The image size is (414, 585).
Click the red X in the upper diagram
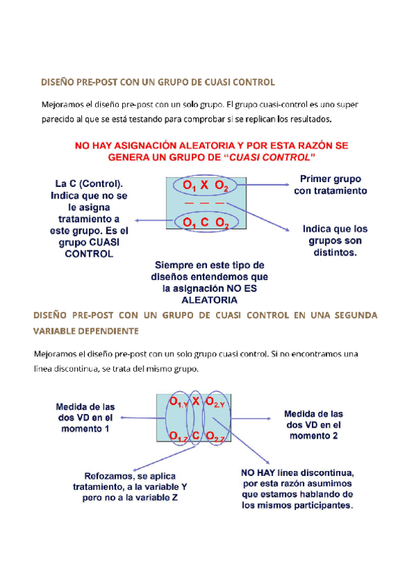[204, 187]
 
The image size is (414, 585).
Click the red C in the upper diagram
[204, 223]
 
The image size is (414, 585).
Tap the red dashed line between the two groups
[205, 205]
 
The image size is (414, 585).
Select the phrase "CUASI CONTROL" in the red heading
[269, 157]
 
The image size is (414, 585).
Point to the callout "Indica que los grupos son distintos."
[335, 240]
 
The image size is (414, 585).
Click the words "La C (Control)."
[90, 184]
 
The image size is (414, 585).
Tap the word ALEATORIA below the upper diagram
[209, 299]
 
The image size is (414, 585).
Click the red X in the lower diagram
[196, 401]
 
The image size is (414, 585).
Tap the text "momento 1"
[86, 429]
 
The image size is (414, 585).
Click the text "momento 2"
[314, 437]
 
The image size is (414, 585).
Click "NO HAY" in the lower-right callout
[259, 473]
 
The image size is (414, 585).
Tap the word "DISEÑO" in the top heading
[56, 81]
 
